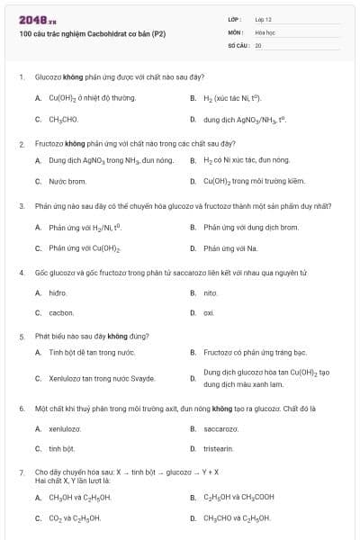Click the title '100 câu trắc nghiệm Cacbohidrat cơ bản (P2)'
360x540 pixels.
(x=92, y=34)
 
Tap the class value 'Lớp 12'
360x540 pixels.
(x=263, y=19)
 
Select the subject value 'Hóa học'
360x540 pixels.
(x=265, y=31)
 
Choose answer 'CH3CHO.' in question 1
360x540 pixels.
(x=64, y=119)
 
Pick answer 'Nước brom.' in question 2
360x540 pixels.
(x=68, y=181)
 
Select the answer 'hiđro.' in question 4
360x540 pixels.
(x=58, y=292)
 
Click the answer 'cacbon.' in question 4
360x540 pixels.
(x=61, y=313)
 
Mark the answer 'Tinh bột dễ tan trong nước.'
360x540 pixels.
(x=92, y=353)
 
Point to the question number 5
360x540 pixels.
(x=21, y=336)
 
